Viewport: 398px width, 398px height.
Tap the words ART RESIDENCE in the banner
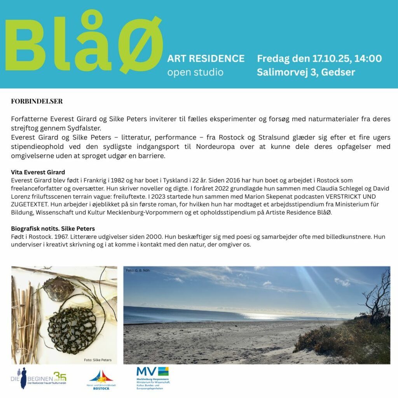206,59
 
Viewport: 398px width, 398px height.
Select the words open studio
195,72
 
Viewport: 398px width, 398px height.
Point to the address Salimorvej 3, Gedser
305,72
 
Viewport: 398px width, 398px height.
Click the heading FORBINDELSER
37,101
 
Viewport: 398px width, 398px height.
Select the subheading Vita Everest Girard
38,172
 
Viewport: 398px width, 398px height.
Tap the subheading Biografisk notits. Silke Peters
53,229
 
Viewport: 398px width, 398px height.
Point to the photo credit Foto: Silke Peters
98,360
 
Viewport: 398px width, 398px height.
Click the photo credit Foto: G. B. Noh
138,270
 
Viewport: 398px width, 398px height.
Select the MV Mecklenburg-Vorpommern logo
152,379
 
